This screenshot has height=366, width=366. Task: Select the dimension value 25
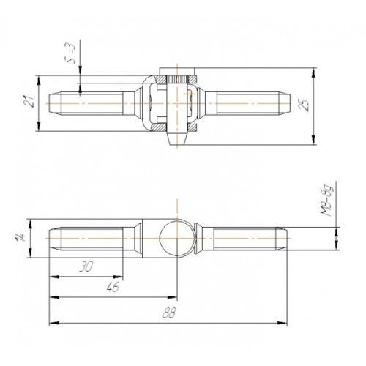click(x=305, y=105)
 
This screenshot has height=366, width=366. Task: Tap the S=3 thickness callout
click(x=70, y=53)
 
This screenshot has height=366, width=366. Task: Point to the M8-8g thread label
click(x=326, y=201)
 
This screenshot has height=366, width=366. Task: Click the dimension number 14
click(x=20, y=237)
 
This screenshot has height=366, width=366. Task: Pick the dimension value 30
click(x=86, y=266)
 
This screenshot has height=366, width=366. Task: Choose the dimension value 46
click(x=113, y=287)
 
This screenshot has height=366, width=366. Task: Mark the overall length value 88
click(x=169, y=313)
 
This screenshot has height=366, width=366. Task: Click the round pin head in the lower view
click(x=177, y=238)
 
